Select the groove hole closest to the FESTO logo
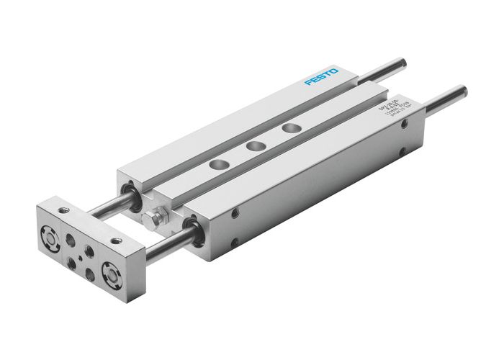(x=290, y=128)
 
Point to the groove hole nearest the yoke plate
(x=216, y=166)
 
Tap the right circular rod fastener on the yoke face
(x=112, y=273)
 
